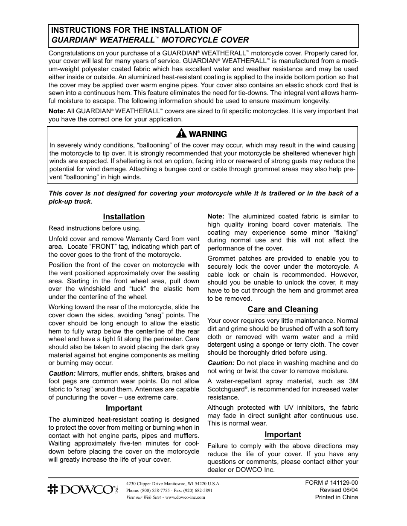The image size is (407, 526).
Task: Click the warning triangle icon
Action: tap(183, 134)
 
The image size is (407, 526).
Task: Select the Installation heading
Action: tap(124, 217)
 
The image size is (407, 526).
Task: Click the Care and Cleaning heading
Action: tap(283, 309)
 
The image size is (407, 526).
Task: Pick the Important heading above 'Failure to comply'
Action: tap(282, 434)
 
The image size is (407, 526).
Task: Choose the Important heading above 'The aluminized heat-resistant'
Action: tap(124, 408)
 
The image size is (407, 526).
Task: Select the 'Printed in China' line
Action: tap(336, 497)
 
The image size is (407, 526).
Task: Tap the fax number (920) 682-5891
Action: tap(197, 490)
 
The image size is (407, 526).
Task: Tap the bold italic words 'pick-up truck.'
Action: tap(70, 201)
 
